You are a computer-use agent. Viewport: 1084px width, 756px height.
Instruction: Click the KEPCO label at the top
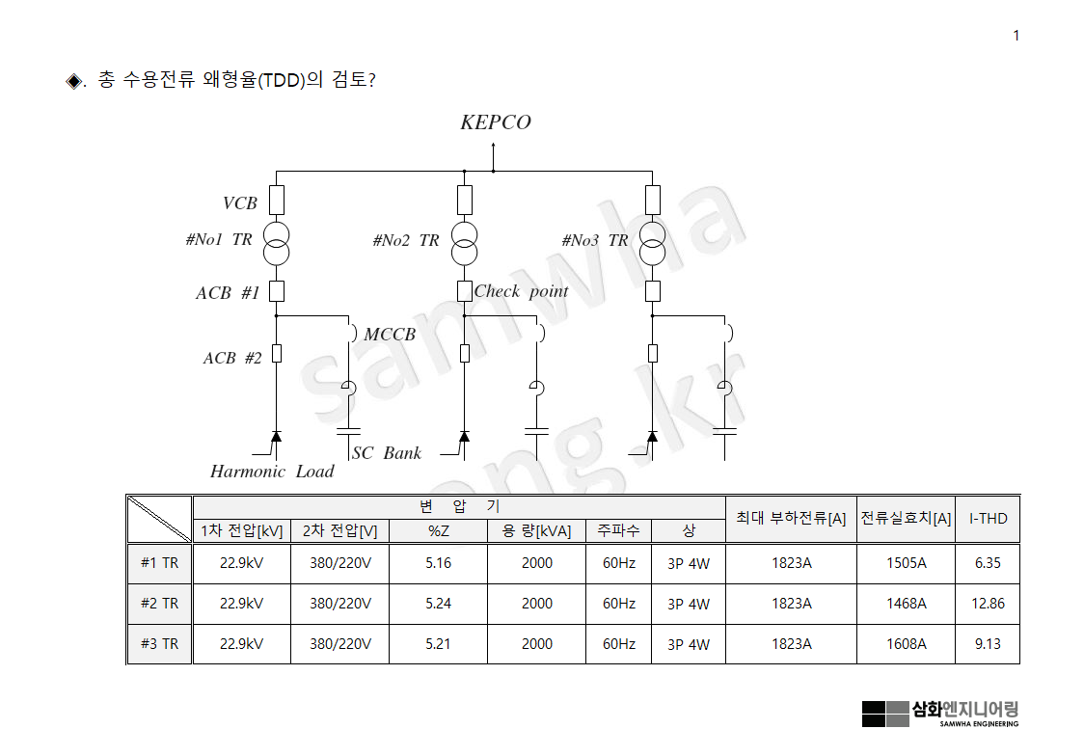(x=495, y=122)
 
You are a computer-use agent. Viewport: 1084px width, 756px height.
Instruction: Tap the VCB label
(x=240, y=203)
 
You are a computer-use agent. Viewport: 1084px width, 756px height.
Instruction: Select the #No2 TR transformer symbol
(x=465, y=243)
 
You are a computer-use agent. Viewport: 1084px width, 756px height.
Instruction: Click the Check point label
(x=521, y=291)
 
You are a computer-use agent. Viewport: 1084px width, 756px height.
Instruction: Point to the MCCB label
(x=390, y=335)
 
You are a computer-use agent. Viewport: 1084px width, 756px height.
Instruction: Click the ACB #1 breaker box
(x=277, y=291)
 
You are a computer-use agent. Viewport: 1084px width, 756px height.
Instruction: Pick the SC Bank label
(x=387, y=453)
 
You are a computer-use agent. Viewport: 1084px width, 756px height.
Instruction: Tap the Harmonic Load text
(x=272, y=472)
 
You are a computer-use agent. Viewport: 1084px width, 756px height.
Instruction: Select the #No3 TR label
(x=594, y=240)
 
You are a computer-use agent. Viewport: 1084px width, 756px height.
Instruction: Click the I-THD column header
(x=988, y=519)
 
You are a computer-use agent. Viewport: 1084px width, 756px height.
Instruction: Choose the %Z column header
(x=438, y=531)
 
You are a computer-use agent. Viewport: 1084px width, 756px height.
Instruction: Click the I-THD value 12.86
(x=988, y=604)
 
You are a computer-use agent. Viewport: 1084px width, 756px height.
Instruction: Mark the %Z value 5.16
(x=438, y=563)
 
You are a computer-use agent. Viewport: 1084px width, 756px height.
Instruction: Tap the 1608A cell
(x=906, y=644)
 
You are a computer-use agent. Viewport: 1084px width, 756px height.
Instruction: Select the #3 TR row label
(x=160, y=644)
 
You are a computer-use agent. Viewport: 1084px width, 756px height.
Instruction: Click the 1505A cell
(x=906, y=563)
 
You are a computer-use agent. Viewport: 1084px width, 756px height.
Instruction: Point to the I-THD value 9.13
(x=988, y=644)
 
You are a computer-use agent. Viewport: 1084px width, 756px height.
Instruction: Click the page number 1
(x=1016, y=37)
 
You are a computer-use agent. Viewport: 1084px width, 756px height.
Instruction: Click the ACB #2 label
(x=232, y=358)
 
